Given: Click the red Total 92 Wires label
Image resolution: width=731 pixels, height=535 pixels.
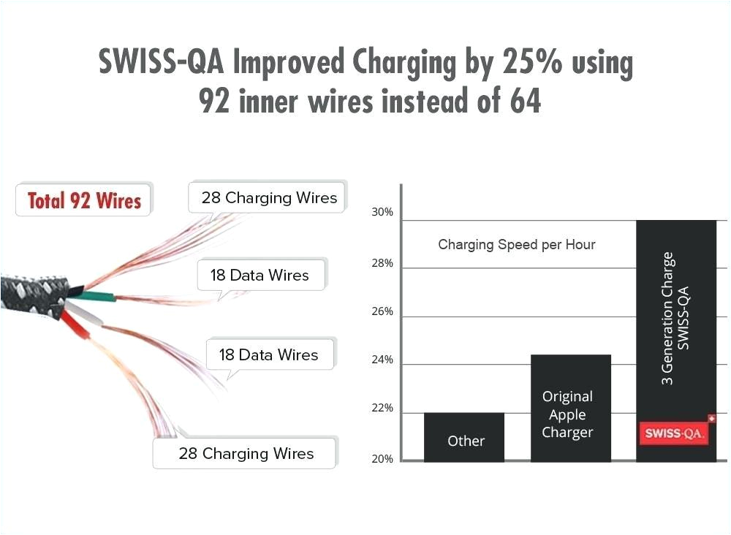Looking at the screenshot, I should [x=83, y=200].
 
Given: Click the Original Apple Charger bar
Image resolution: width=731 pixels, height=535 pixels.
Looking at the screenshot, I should [x=570, y=409].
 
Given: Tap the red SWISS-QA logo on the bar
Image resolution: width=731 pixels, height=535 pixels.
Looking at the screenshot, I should [x=674, y=433].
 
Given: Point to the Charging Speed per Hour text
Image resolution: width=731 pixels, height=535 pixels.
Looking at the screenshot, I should [x=516, y=244].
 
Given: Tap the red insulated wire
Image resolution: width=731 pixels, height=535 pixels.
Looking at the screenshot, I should [x=76, y=325].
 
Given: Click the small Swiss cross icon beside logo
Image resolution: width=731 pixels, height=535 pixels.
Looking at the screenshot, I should [x=711, y=419].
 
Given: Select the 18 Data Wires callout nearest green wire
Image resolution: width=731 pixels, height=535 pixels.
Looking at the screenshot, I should [x=260, y=276].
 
